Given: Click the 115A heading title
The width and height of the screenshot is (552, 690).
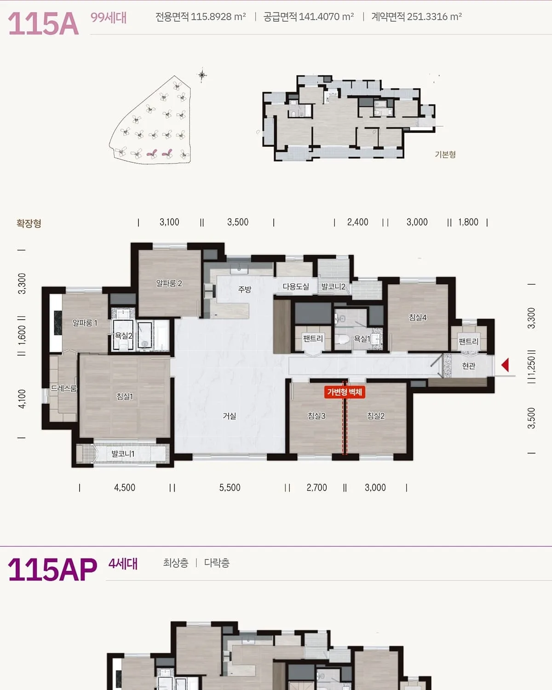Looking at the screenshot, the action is click(x=43, y=24).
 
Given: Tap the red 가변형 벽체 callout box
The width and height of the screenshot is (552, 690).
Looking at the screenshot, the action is click(x=345, y=392).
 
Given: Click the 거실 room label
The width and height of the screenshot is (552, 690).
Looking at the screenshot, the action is click(x=230, y=416).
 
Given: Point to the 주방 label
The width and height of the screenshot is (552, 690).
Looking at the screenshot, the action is click(x=244, y=289).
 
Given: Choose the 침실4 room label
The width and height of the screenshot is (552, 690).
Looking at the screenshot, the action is click(x=418, y=317).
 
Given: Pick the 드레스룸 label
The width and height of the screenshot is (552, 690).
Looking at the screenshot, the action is click(x=64, y=389).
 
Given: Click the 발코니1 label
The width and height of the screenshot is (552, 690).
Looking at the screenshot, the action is click(x=123, y=454).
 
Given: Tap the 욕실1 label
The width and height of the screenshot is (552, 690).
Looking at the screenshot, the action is click(x=362, y=339).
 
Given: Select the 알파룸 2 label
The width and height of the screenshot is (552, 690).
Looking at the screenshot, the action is click(x=169, y=283).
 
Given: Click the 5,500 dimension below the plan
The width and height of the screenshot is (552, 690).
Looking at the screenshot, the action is click(x=230, y=488).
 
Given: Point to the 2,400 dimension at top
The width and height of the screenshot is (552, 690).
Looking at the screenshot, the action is click(x=357, y=222).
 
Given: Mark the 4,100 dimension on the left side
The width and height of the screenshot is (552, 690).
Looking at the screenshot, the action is click(x=22, y=399).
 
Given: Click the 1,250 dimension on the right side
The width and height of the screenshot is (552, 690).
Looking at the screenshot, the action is click(x=531, y=366).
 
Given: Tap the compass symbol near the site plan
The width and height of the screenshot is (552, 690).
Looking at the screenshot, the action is click(x=202, y=75).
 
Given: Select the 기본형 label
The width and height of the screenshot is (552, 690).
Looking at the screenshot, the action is click(x=445, y=155).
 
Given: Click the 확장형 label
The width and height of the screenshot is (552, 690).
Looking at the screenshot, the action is click(x=29, y=223).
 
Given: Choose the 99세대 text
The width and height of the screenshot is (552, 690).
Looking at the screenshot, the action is click(x=109, y=17).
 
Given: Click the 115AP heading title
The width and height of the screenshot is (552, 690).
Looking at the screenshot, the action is click(x=52, y=570).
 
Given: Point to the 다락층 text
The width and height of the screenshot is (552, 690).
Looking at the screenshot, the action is click(x=217, y=563).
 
